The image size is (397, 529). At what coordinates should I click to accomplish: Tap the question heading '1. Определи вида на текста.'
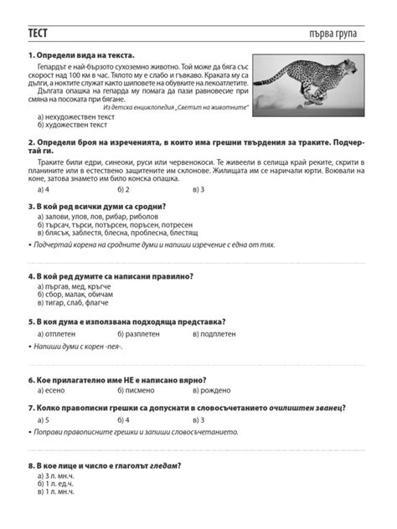pyautogui.click(x=82, y=56)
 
